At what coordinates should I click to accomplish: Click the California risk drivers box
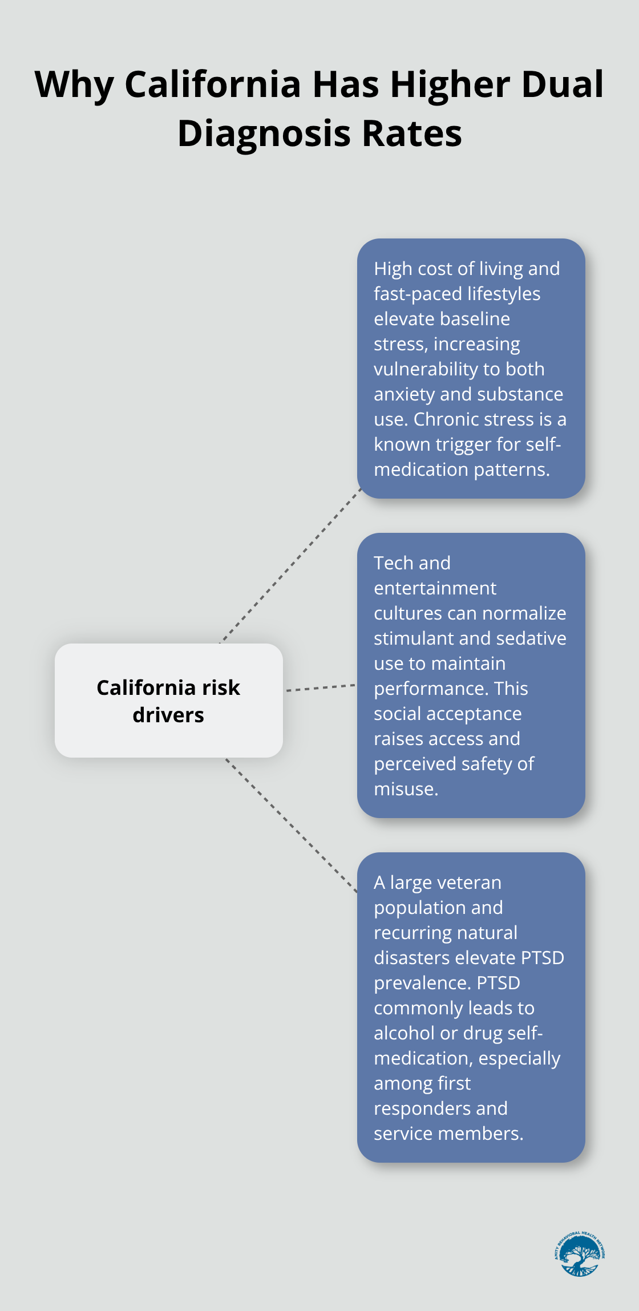tap(169, 701)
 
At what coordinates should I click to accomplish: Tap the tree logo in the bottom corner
tap(579, 1254)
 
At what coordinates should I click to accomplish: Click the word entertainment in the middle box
tap(435, 588)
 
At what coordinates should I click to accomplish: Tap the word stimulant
tap(418, 638)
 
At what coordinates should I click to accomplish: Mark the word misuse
tap(406, 789)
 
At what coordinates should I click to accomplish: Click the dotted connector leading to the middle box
tap(321, 687)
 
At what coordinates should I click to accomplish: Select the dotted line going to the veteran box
tap(291, 825)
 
